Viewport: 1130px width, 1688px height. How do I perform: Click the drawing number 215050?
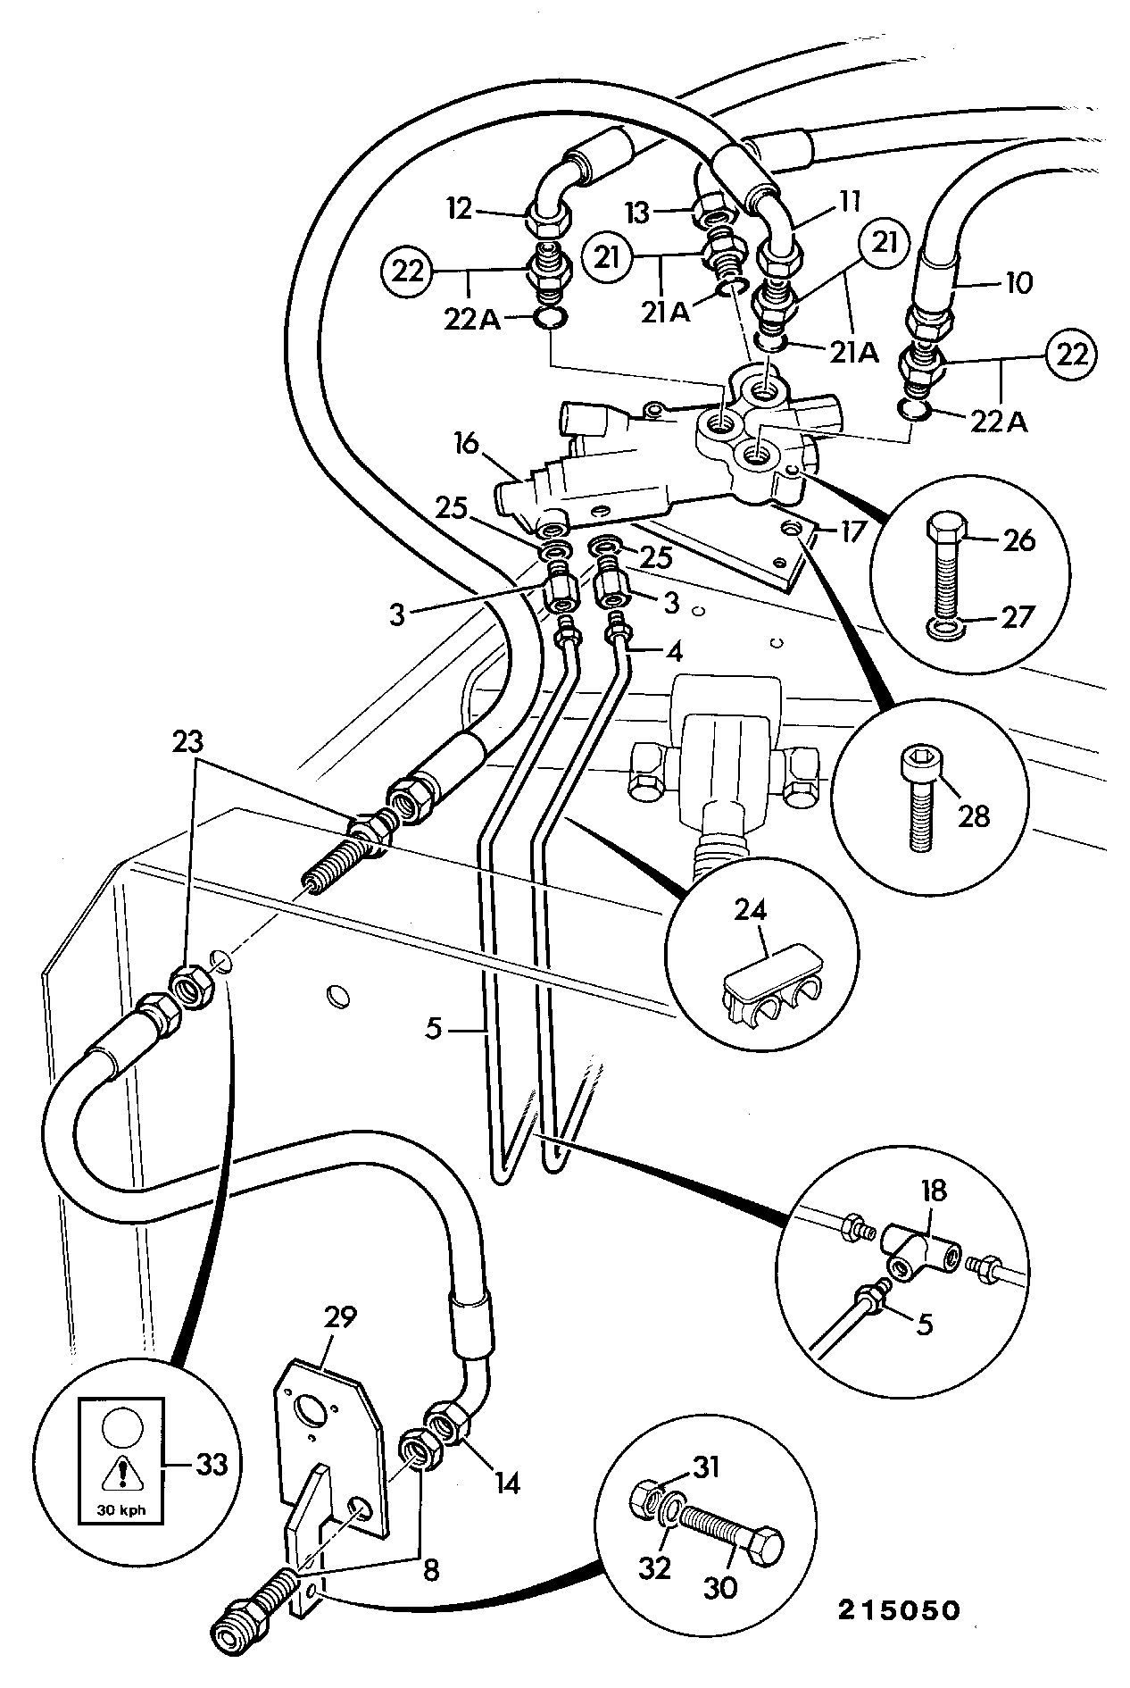pyautogui.click(x=898, y=1609)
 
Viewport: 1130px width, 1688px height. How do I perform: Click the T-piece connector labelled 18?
pyautogui.click(x=919, y=1257)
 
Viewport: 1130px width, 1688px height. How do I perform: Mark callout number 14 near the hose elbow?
pyautogui.click(x=504, y=1483)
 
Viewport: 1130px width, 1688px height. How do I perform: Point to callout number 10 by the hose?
pyautogui.click(x=1017, y=283)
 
